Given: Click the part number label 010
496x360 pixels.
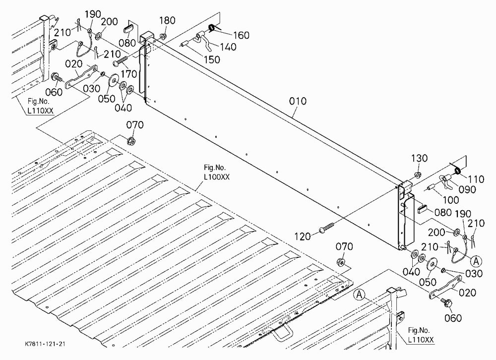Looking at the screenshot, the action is coord(298,101).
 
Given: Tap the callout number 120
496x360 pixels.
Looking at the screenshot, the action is coord(303,237).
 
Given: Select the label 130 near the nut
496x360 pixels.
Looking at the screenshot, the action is coord(420,158).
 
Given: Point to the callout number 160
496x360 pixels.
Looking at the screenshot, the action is coord(242,35).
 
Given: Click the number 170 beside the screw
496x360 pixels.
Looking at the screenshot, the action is coord(129,74).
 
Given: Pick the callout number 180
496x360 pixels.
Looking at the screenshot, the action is coord(167,20).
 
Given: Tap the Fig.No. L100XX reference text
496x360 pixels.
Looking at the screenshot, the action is coord(216,172).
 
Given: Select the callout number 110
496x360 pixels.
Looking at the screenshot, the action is coord(476,180).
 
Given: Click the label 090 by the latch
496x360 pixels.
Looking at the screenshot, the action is coord(467,189).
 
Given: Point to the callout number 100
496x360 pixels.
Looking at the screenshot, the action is coord(450,200).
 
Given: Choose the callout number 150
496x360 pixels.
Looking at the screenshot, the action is coord(212,60).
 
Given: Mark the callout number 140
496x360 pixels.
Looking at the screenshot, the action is coord(228,47).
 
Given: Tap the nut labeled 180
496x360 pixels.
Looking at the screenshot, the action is coord(163,36).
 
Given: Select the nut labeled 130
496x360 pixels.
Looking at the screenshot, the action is coord(418,175).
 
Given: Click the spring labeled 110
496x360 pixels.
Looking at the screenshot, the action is coord(457,171).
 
